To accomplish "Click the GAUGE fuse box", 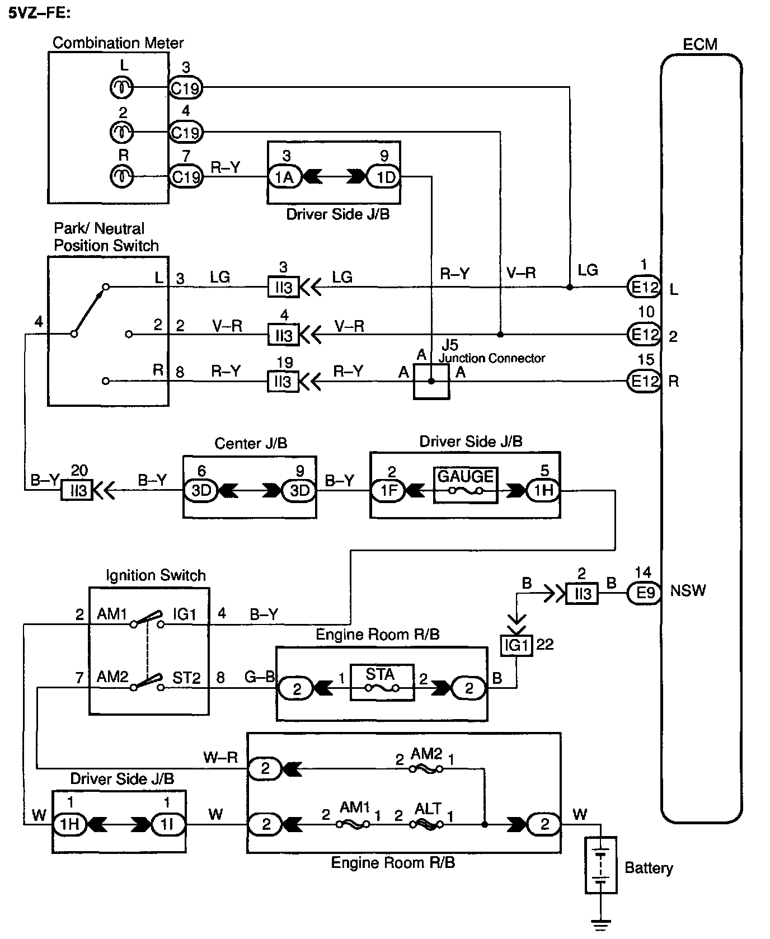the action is point(465,485).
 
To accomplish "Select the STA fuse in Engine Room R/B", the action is point(382,682).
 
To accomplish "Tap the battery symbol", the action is point(601,865).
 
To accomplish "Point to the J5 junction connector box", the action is point(431,381).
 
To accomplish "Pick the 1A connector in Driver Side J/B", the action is point(284,177).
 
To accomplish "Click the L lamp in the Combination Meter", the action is point(121,87).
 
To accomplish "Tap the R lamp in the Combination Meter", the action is point(121,176).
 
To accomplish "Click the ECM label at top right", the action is point(700,44).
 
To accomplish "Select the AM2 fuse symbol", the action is point(426,769).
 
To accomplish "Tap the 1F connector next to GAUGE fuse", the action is point(388,491).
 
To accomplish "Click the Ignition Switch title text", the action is point(156,575).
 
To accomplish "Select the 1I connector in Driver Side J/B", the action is point(168,824).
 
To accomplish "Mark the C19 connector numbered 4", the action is point(186,133).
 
